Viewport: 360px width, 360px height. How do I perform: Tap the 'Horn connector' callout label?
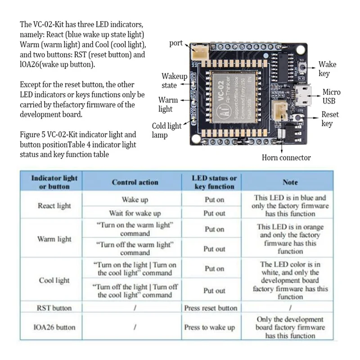(286, 157)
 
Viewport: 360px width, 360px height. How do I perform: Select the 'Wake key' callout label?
(327, 69)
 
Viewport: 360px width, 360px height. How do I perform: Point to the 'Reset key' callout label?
(330, 119)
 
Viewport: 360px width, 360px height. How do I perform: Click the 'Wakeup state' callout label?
(174, 81)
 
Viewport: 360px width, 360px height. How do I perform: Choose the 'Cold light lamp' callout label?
(166, 130)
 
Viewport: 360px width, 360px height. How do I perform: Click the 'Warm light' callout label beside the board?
(168, 104)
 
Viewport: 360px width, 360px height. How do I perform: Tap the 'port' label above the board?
(176, 43)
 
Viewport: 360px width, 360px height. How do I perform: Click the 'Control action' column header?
(135, 182)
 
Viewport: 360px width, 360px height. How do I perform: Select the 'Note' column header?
(290, 182)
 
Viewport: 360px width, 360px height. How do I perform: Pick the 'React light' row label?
(54, 206)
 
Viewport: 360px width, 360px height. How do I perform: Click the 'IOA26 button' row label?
(54, 327)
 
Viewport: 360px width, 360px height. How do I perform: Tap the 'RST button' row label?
(54, 308)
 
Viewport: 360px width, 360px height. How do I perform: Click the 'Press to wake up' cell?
(209, 327)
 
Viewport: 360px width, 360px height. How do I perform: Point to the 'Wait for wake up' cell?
(135, 213)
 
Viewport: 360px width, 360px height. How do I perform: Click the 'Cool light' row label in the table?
(54, 280)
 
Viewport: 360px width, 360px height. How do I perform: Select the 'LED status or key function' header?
(214, 182)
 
